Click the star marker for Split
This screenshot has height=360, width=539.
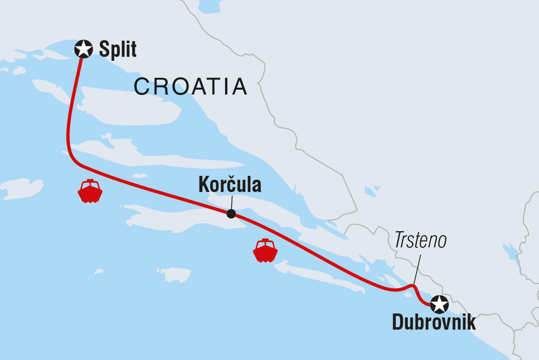83,49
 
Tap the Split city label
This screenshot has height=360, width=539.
118,49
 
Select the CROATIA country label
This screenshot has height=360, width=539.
190,87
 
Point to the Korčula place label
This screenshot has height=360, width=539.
230,185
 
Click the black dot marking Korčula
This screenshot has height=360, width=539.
231,214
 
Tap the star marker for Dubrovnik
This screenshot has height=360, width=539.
439,304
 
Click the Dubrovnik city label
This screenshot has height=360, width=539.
434,323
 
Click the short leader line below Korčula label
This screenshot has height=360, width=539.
231,202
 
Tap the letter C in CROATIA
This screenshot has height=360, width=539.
142,87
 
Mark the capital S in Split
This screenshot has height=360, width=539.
104,49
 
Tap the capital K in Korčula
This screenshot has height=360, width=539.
203,185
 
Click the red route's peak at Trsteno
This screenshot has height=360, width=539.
413,286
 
